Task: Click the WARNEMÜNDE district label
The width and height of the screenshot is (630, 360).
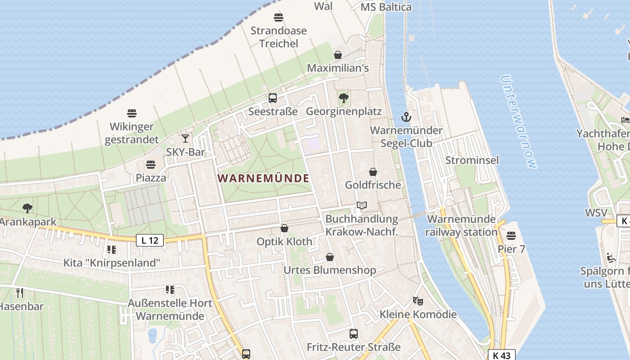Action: [x=263, y=178]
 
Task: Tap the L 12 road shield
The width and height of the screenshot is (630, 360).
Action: [x=149, y=240]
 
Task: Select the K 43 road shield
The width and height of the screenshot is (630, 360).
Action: [x=501, y=355]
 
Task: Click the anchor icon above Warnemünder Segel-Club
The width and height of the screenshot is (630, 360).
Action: [x=406, y=117]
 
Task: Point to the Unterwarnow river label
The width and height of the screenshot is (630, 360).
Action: [x=518, y=121]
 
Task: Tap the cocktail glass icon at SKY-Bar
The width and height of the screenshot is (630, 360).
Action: [x=185, y=138]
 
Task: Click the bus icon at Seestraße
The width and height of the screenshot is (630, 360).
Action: [x=272, y=98]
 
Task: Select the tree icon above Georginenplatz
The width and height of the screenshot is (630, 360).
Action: [x=343, y=97]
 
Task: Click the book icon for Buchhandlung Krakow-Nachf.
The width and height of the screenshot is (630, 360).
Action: [x=361, y=205]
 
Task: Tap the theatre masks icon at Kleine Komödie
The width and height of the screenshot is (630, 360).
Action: [x=418, y=300]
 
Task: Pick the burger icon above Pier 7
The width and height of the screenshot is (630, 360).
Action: [x=511, y=235]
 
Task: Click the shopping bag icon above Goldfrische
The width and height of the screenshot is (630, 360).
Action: [x=373, y=171]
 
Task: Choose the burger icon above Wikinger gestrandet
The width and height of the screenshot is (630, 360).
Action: [x=131, y=113]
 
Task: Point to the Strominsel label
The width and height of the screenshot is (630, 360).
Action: [x=472, y=160]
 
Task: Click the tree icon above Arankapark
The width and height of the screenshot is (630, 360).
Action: [x=27, y=208]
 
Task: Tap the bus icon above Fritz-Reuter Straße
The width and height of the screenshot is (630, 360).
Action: [x=353, y=333]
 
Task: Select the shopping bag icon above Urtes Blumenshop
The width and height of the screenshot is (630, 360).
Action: [x=329, y=257]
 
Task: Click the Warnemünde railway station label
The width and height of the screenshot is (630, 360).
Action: [x=461, y=226]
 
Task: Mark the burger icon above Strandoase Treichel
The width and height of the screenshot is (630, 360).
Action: [x=278, y=18]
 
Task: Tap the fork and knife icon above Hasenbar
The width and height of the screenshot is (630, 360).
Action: [x=19, y=293]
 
